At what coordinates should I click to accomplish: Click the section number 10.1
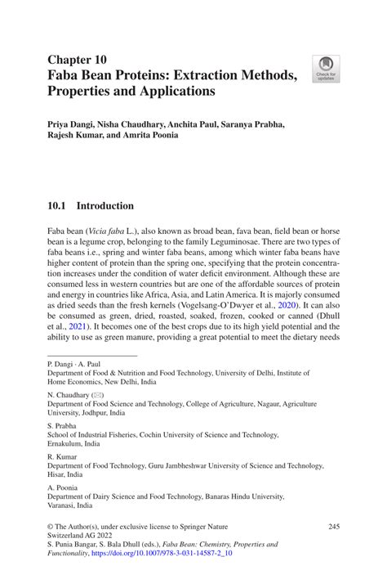coord(57,206)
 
